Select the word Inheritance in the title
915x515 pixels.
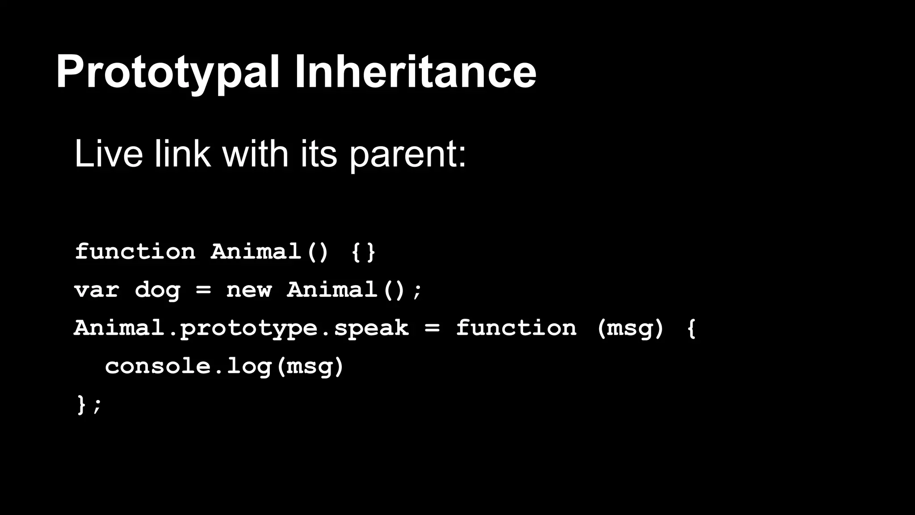[415, 72]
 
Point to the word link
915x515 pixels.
[182, 154]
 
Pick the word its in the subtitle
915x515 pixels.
[319, 154]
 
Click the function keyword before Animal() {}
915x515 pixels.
[135, 251]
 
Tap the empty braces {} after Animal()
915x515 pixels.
[364, 252]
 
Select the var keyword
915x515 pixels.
[97, 290]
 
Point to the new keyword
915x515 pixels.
[249, 290]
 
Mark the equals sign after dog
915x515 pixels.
[203, 290]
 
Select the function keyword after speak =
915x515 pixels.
[516, 328]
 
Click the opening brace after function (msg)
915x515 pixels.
[691, 328]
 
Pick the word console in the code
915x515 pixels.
[158, 366]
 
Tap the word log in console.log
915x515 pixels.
[249, 367]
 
